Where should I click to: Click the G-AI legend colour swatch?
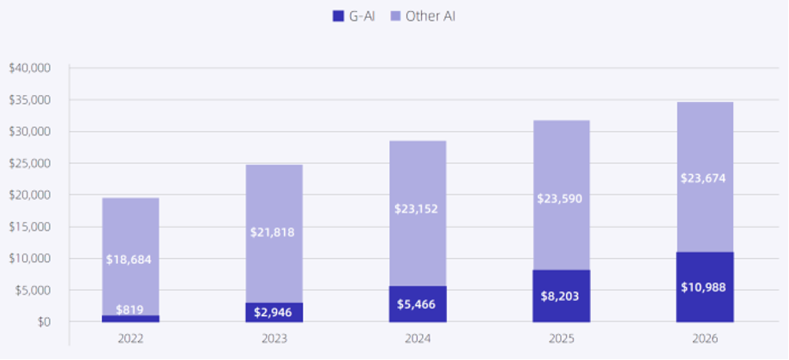click(336, 15)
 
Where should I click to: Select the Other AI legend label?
click(431, 15)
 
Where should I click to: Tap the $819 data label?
click(130, 309)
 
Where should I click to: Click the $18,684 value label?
click(130, 259)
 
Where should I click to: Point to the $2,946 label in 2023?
click(274, 312)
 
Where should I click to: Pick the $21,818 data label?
click(274, 233)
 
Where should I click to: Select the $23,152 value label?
click(418, 208)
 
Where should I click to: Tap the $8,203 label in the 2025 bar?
click(561, 294)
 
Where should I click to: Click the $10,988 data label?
click(705, 287)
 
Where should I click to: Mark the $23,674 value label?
click(705, 178)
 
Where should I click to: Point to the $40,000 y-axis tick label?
click(30, 68)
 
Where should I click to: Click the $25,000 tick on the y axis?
click(30, 163)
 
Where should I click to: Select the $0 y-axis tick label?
click(42, 322)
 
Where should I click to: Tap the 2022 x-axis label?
click(130, 339)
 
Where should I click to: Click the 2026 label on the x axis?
click(705, 339)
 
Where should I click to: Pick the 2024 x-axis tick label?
click(418, 339)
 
